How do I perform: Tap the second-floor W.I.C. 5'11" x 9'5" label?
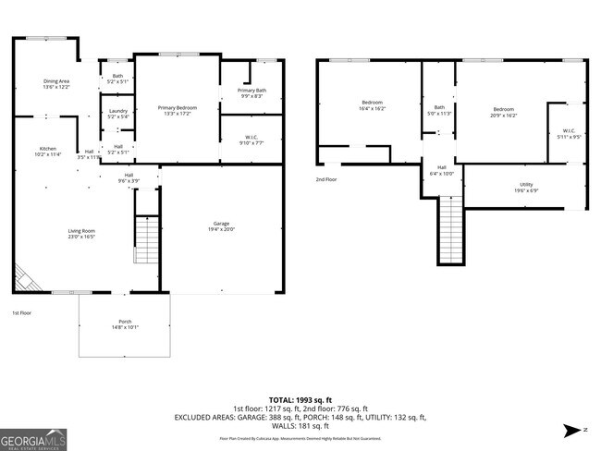[569, 133]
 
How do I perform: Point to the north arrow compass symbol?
[573, 430]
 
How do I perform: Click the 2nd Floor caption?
[325, 179]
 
